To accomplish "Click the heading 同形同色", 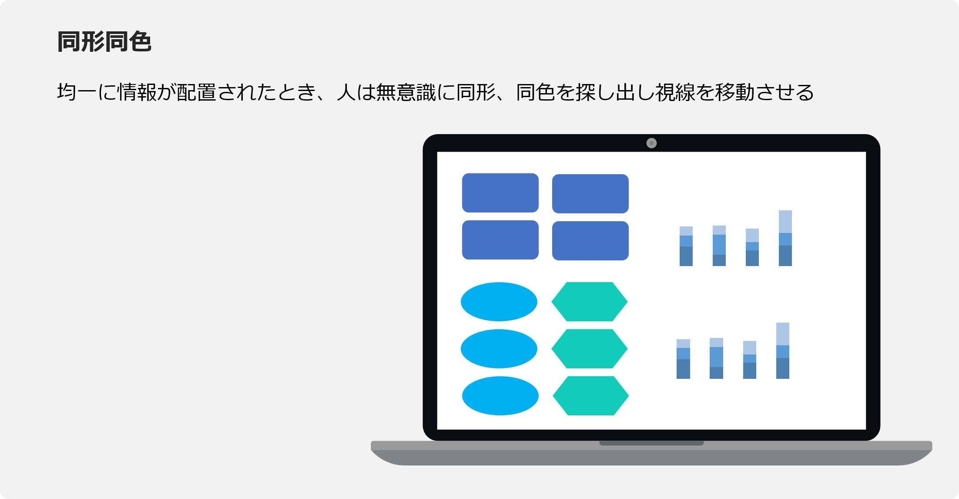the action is (x=104, y=42).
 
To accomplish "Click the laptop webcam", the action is (x=651, y=143).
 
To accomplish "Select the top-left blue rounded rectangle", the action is (x=500, y=193).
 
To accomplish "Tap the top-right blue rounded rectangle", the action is (x=590, y=194).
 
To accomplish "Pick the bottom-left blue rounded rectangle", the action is (x=500, y=240).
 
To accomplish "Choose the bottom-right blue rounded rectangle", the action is (x=590, y=241).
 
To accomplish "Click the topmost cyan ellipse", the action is (x=499, y=302).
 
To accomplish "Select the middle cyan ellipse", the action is (x=499, y=349).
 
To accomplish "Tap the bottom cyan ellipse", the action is (x=500, y=396).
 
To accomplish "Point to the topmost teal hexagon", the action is (x=590, y=302).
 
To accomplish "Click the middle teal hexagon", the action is (x=590, y=349).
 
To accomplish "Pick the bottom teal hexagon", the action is (x=591, y=396).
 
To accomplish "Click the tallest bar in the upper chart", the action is (x=785, y=238).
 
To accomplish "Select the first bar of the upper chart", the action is (x=686, y=246).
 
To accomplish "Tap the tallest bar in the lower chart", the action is (x=783, y=351).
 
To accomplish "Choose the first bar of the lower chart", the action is (x=683, y=359).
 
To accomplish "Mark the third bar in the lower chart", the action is (x=750, y=360).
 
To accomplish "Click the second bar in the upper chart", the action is (x=719, y=246).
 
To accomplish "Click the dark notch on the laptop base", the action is (x=651, y=443).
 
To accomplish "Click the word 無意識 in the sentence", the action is (x=406, y=92).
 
